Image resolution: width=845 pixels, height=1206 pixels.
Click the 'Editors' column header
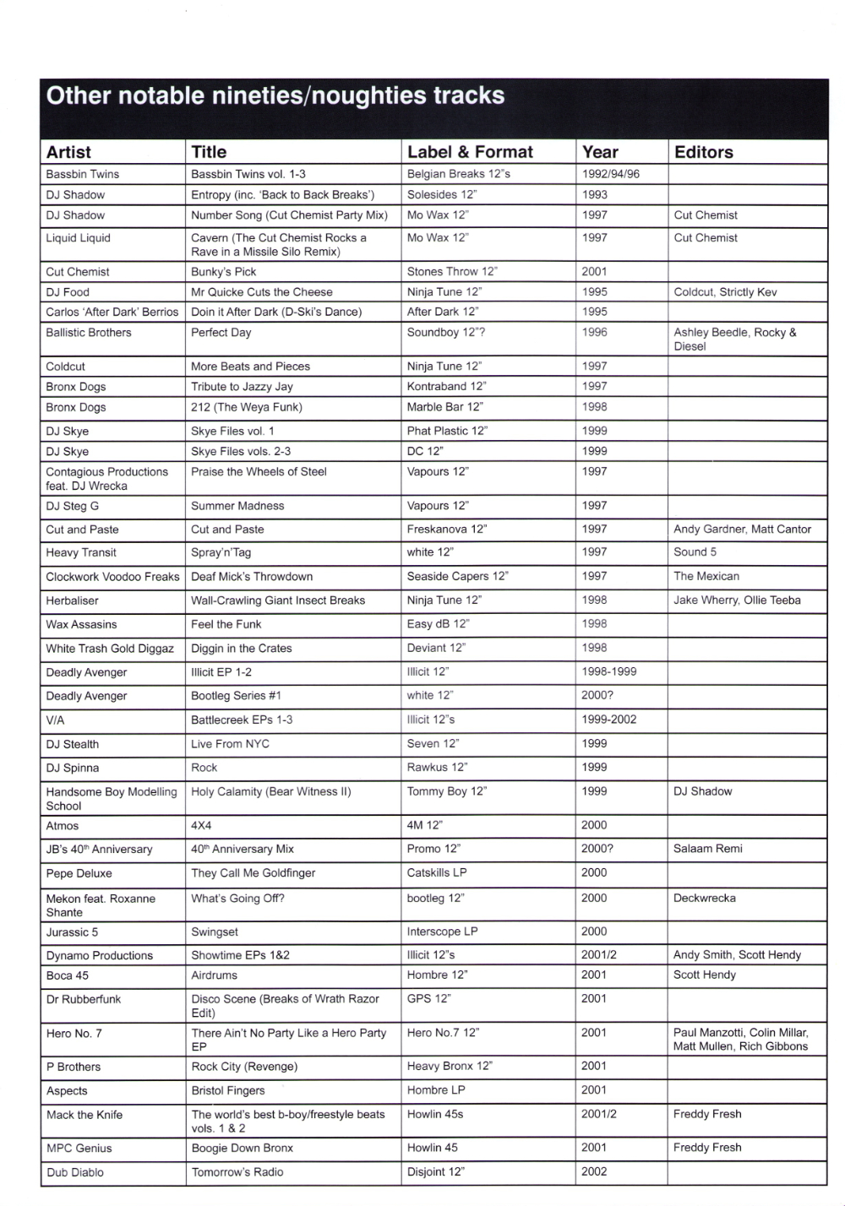(x=703, y=152)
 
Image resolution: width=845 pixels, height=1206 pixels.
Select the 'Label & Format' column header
(x=470, y=152)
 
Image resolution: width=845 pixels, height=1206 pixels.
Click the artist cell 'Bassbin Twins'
(x=83, y=174)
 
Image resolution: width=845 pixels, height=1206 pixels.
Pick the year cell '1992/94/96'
(x=610, y=174)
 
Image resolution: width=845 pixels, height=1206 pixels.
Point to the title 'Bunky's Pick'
(x=223, y=272)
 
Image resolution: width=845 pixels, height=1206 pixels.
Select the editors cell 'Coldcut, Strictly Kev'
(x=725, y=292)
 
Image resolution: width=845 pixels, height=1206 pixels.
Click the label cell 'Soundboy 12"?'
(x=446, y=333)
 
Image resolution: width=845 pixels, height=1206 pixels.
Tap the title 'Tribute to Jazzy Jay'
(x=242, y=387)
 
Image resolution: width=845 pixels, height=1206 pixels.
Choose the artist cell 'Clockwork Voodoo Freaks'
(x=112, y=577)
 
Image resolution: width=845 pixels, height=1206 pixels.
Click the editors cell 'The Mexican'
(x=706, y=576)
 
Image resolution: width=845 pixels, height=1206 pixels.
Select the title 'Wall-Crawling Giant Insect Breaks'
(x=278, y=600)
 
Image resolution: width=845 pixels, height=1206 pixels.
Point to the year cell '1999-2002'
(x=609, y=720)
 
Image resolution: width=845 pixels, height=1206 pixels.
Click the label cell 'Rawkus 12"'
(x=437, y=768)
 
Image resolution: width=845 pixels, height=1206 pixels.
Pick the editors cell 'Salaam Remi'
(x=708, y=849)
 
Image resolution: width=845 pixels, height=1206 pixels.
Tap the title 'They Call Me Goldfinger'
(x=253, y=873)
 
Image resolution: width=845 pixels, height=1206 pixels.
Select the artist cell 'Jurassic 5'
(x=72, y=932)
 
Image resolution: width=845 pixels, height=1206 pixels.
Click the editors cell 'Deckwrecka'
(x=705, y=898)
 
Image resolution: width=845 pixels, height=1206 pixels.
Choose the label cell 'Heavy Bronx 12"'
(x=450, y=1067)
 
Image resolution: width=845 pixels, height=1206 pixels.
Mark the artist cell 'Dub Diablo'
(x=75, y=1172)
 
